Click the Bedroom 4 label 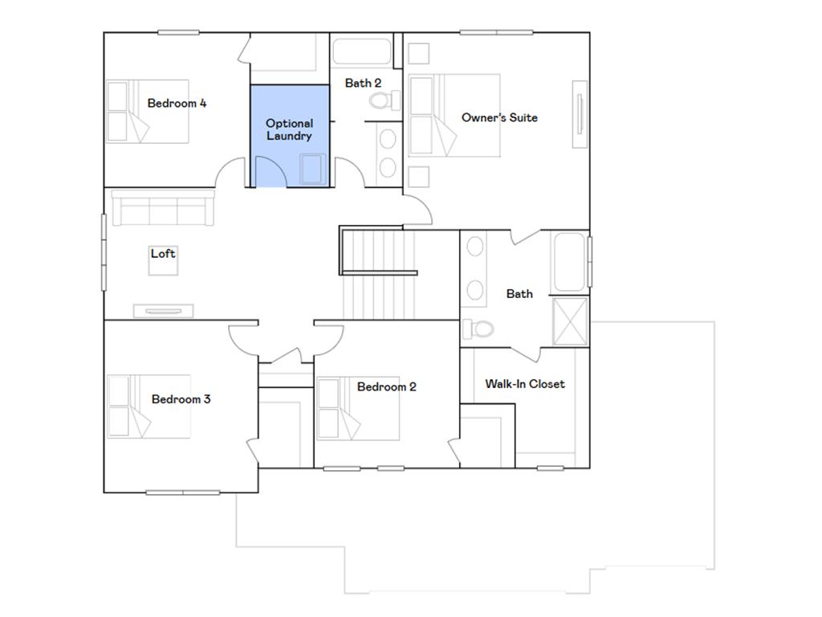[x=177, y=103]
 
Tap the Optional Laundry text [x=289, y=129]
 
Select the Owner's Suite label [x=499, y=117]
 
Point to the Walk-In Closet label [x=524, y=384]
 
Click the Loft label [x=163, y=253]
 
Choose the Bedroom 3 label [x=181, y=399]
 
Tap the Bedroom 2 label [x=386, y=386]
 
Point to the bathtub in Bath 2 [x=362, y=52]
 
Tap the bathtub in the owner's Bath [x=570, y=262]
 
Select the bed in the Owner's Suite [x=454, y=115]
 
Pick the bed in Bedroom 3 [x=149, y=406]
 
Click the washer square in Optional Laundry [x=313, y=170]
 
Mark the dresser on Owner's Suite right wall [x=580, y=113]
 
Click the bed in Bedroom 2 [x=358, y=409]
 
